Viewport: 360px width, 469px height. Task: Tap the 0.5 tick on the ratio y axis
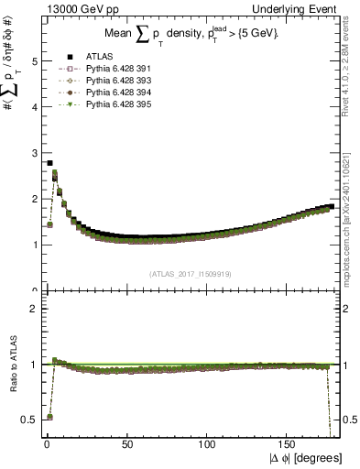click(28, 420)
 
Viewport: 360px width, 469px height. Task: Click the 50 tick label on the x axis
click(126, 442)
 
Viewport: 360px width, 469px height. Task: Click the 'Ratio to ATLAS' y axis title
click(12, 365)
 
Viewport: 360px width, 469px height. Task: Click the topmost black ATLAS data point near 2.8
click(49, 163)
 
